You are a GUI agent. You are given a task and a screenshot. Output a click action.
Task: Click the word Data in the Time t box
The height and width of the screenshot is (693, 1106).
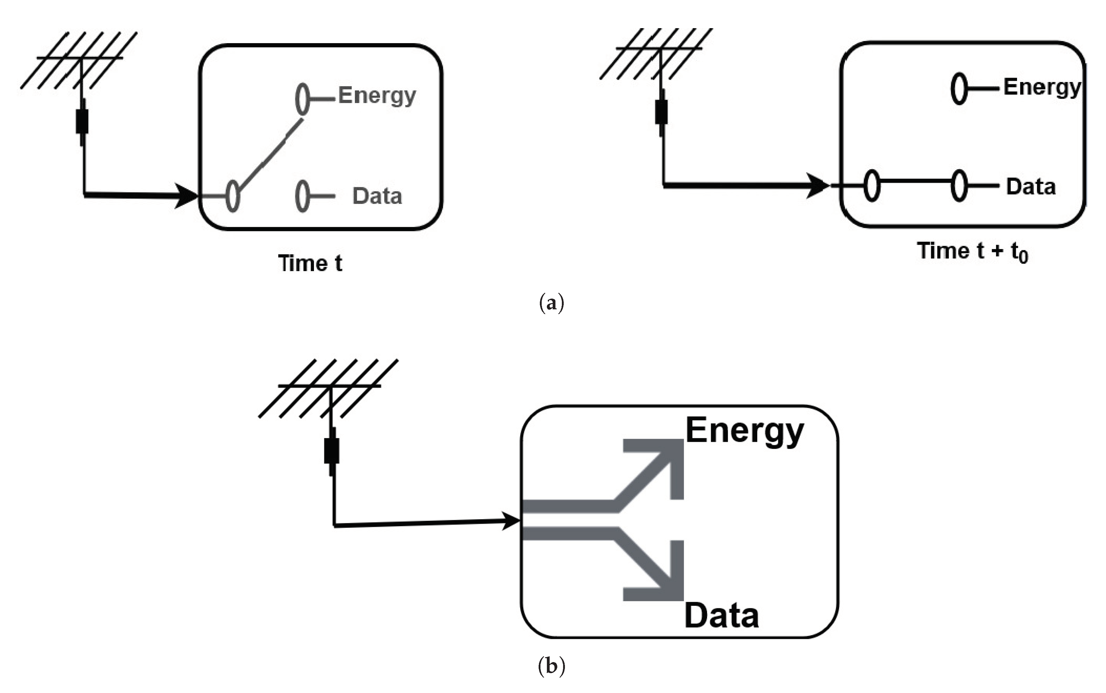(x=377, y=196)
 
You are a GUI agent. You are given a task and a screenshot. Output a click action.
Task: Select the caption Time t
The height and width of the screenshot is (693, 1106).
(x=310, y=263)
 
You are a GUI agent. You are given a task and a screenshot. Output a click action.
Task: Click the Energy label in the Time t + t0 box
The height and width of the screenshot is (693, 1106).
(x=1041, y=87)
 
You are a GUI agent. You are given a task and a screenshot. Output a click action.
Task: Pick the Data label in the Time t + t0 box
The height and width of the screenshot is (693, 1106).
(x=1030, y=187)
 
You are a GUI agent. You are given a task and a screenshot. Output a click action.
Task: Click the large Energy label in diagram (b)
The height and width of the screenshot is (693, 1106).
(x=744, y=431)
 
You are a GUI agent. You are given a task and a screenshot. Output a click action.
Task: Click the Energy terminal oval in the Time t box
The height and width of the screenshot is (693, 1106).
(x=302, y=99)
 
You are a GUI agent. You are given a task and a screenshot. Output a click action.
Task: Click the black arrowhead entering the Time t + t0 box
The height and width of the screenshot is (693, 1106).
(x=817, y=186)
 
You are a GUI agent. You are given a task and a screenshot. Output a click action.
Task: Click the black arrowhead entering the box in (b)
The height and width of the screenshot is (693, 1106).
(x=511, y=521)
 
